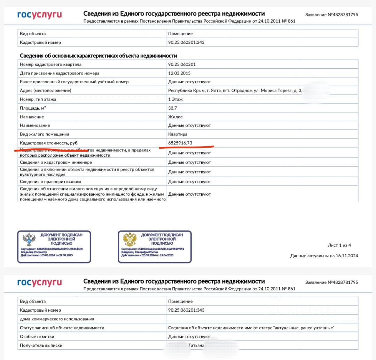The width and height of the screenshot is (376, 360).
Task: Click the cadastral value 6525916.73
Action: (x=180, y=143)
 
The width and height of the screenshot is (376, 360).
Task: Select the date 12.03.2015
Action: (x=179, y=73)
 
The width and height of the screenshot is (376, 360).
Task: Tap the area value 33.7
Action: (x=172, y=108)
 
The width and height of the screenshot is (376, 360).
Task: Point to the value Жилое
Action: (x=175, y=117)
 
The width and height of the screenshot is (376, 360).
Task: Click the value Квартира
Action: (x=178, y=134)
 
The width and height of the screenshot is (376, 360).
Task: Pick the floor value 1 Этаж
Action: (x=176, y=99)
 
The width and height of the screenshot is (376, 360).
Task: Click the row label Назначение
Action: (x=32, y=117)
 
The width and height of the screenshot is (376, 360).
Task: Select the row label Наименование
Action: (x=35, y=125)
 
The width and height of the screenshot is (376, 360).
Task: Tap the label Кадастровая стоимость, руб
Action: (x=49, y=143)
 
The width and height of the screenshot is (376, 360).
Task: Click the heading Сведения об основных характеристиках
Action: (x=98, y=56)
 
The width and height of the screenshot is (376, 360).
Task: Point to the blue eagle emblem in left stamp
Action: (x=29, y=240)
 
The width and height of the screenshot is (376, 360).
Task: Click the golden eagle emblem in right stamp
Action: (x=130, y=240)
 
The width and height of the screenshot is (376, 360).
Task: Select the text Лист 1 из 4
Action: (x=339, y=245)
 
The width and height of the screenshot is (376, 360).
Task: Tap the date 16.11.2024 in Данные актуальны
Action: (x=347, y=256)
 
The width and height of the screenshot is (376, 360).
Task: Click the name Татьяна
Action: (x=196, y=345)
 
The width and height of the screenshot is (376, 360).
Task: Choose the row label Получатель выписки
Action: (x=41, y=345)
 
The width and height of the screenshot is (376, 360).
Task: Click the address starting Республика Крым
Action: (x=234, y=91)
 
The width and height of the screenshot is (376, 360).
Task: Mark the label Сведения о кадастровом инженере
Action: (x=56, y=162)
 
